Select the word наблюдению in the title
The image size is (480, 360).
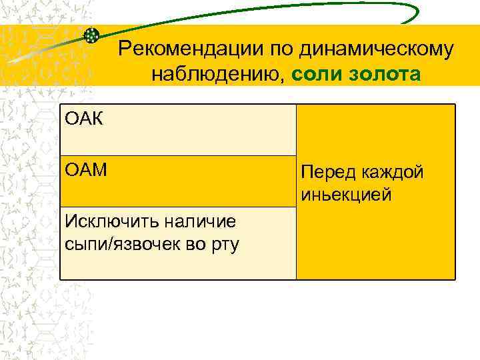point(219,75)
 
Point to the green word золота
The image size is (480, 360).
point(383,75)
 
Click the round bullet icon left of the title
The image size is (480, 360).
point(93,35)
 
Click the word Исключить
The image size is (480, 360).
point(101,221)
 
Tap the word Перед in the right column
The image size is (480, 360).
point(325,173)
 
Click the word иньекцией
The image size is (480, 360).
point(346,195)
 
